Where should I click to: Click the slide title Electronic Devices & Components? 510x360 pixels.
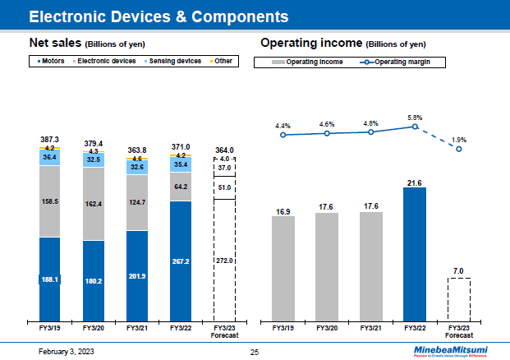click(159, 16)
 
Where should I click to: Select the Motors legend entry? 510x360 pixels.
click(53, 61)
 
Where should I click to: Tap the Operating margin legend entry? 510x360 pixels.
click(403, 62)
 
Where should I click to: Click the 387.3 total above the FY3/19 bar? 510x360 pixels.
click(49, 140)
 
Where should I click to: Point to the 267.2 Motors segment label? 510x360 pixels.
click(181, 261)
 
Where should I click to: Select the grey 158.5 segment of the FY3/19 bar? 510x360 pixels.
click(49, 201)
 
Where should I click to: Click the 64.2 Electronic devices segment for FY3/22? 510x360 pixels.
click(181, 186)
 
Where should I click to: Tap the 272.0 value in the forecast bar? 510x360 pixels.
click(225, 261)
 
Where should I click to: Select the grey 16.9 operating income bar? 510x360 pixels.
click(283, 267)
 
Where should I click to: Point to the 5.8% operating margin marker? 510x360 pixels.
click(416, 127)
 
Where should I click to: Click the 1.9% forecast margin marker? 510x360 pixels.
click(460, 149)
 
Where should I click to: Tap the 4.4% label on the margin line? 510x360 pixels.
click(283, 126)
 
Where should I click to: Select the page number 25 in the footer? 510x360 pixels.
click(255, 351)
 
